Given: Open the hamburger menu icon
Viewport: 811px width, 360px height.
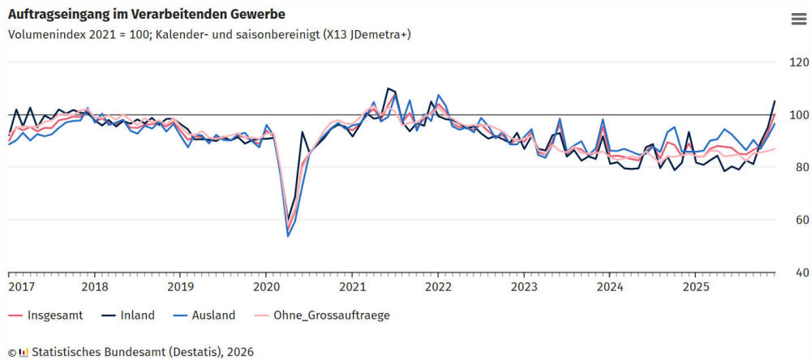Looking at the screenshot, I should click(797, 20).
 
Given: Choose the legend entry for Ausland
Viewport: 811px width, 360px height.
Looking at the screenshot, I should click(212, 315).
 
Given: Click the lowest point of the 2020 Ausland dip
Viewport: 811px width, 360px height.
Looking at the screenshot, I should click(288, 236).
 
